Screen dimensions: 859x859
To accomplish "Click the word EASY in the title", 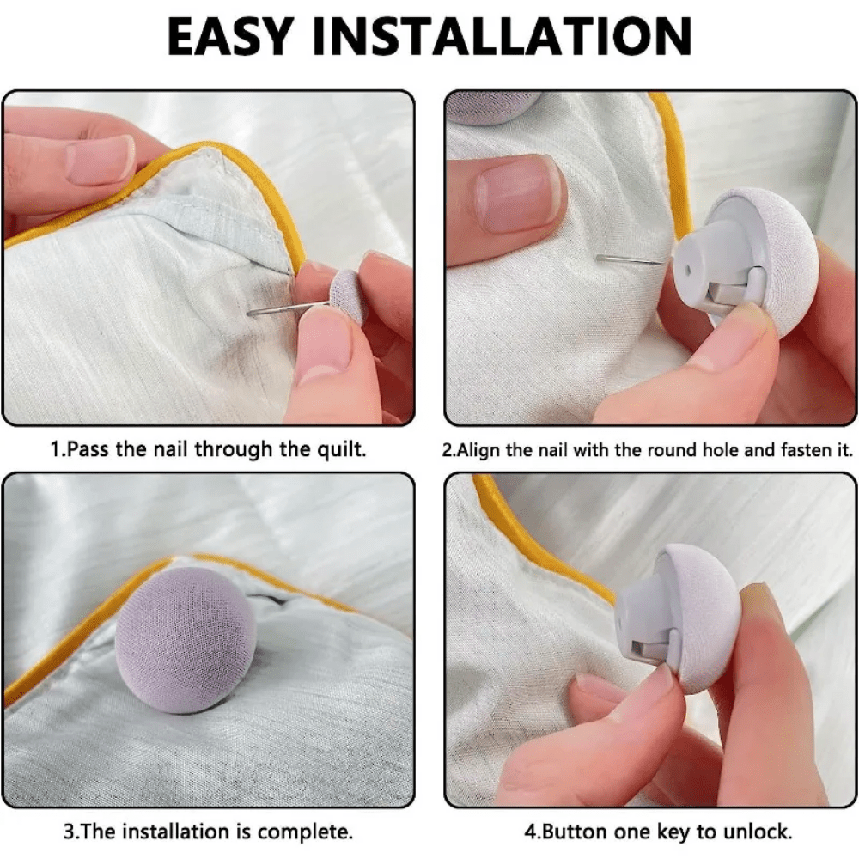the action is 229,36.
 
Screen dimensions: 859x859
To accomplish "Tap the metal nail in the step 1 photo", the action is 288,308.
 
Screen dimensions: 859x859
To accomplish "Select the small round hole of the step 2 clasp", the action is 688,270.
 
